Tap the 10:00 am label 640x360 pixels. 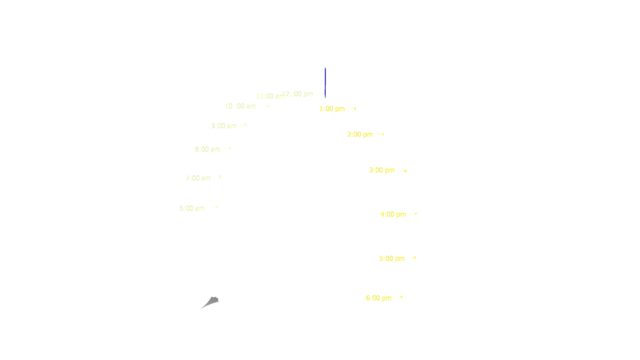coord(238,106)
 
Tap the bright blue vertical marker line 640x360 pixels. coord(324,81)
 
